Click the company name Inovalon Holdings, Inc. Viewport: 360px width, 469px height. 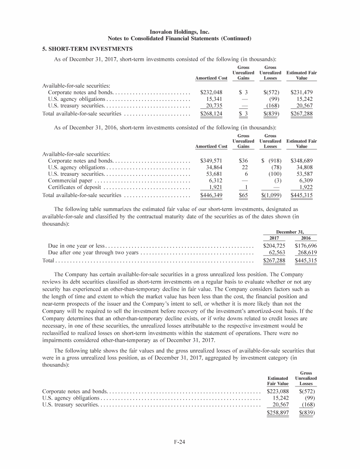coord(180,31)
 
